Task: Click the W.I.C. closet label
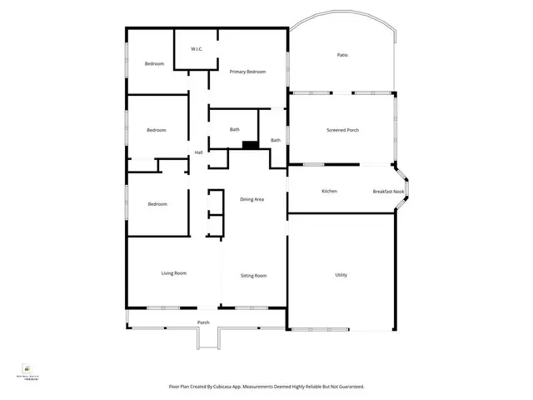point(197,49)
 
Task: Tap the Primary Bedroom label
point(248,72)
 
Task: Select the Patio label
point(342,55)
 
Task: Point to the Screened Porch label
point(343,130)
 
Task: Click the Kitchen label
point(329,192)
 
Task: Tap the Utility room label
point(341,275)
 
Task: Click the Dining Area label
point(252,200)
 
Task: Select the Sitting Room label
point(253,275)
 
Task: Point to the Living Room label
point(173,272)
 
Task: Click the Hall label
point(199,152)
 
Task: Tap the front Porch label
point(203,322)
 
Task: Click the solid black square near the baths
point(248,145)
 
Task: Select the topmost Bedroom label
point(154,64)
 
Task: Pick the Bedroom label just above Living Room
point(158,204)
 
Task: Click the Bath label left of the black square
point(235,129)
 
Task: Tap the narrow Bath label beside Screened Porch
point(276,140)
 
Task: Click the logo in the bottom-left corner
point(27,369)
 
